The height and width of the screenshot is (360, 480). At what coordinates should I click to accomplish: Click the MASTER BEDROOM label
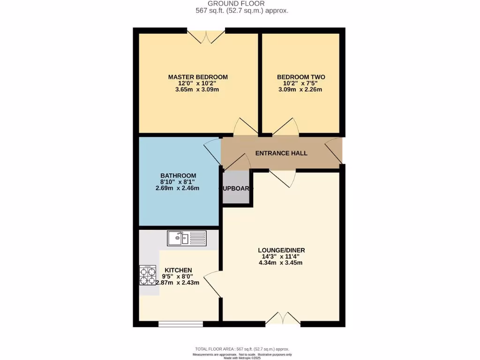point(198,77)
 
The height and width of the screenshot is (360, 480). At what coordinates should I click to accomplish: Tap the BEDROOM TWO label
point(301,77)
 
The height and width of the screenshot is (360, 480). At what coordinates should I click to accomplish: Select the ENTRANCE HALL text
point(281,153)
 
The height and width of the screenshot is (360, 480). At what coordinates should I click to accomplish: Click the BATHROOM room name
point(178,175)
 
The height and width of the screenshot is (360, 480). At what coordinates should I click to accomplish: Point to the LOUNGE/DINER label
point(281,250)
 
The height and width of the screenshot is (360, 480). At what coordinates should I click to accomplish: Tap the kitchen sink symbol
point(186,239)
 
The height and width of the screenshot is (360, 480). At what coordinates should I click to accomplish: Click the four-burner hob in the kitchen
point(148,276)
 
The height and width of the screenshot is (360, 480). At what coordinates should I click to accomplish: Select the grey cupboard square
point(236,187)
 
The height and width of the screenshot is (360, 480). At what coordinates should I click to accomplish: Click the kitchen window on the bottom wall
point(180,323)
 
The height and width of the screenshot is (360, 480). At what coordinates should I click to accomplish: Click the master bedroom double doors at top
point(207,37)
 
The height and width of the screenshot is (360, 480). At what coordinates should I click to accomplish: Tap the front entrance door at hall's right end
point(334,150)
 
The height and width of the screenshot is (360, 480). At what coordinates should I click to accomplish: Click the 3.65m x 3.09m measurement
point(198,90)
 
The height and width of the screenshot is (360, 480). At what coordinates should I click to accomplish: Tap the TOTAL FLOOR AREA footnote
point(242,349)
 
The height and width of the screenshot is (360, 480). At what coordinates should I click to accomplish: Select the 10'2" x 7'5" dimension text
point(300,83)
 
